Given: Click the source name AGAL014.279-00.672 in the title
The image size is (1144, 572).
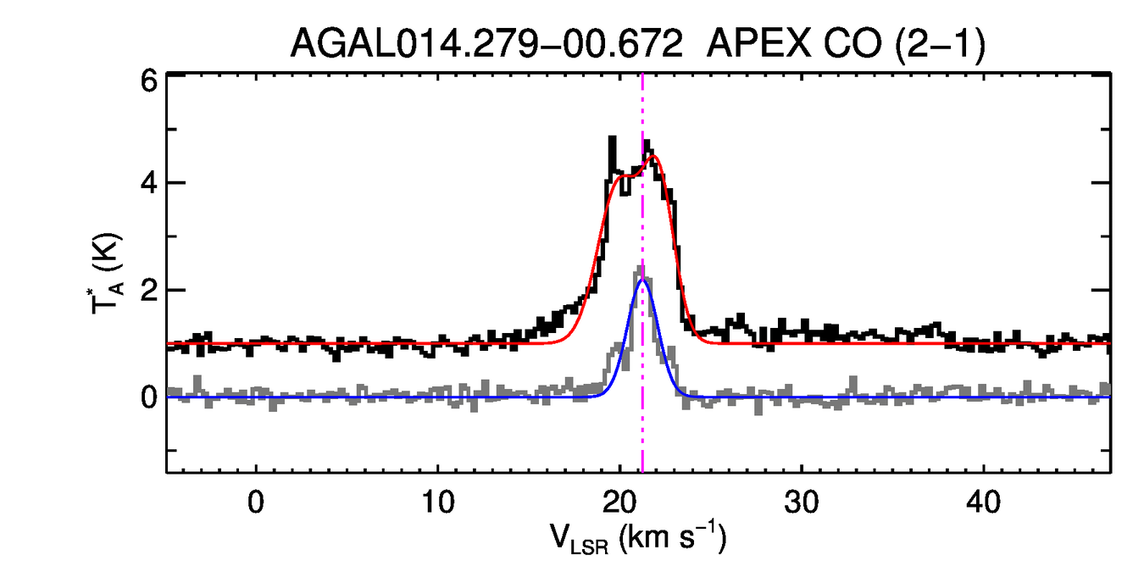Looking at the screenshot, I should coord(486,42).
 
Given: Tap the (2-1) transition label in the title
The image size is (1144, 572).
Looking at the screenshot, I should coord(943,42).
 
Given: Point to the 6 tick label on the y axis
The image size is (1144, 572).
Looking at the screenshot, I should coord(148,79).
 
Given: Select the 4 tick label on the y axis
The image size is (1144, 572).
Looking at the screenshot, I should coord(148,183).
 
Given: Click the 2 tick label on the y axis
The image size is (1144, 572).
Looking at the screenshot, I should coord(148,290).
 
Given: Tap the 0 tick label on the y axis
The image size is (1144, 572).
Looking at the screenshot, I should coord(148,397).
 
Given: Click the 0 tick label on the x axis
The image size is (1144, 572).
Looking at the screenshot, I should coord(256,501).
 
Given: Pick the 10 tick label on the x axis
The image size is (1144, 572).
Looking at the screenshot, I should coord(437,501).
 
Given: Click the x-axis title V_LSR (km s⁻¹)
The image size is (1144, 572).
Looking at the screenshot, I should coord(637,537).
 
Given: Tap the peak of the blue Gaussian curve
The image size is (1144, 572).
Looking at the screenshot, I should coord(642,280).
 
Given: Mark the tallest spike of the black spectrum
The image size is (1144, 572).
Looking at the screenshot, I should coord(611,137).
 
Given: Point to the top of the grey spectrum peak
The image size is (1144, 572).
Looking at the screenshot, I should coord(641,268).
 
